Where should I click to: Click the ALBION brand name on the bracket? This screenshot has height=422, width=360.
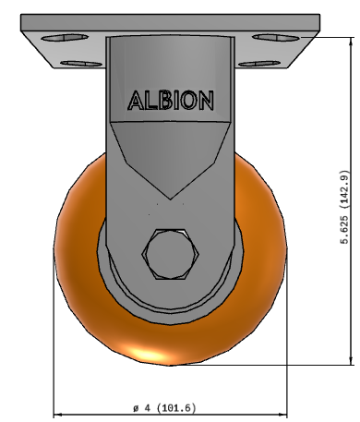coord(171,101)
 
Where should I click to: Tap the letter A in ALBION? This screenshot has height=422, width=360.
coord(136,101)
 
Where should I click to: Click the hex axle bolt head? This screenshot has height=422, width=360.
coord(171,254)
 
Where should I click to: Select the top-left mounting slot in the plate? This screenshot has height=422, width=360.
coord(65,38)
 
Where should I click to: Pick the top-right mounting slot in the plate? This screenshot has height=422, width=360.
coord(276,38)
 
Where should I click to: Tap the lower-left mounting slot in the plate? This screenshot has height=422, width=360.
coord(81,64)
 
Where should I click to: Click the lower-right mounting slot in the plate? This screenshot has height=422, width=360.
coord(259,64)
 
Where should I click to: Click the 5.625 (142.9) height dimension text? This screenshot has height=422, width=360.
coord(344,207)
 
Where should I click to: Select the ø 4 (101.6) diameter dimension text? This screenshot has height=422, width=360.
coord(164,408)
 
